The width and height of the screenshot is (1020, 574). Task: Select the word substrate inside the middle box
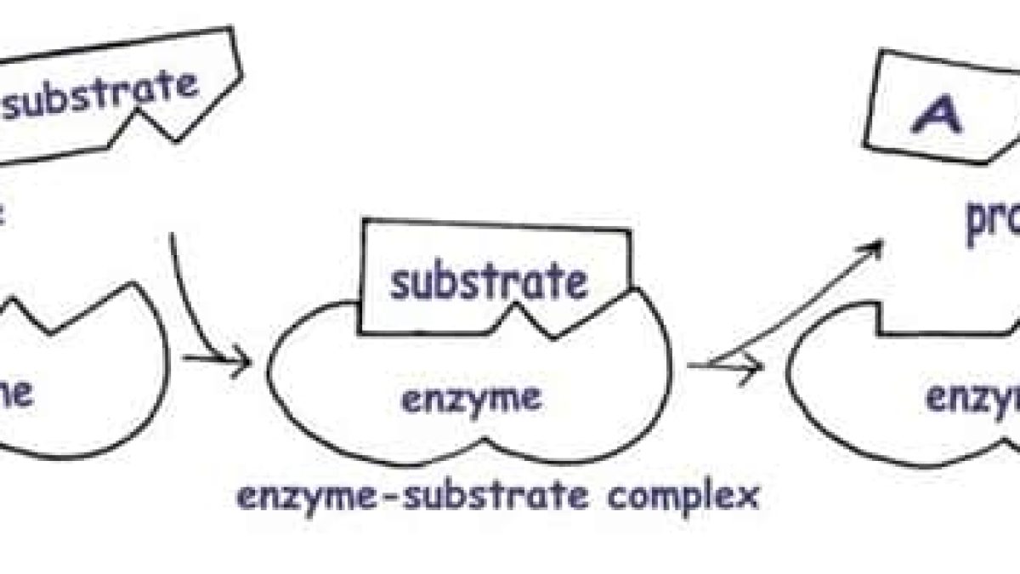pyautogui.click(x=488, y=282)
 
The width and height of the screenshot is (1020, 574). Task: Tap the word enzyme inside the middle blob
pyautogui.click(x=470, y=397)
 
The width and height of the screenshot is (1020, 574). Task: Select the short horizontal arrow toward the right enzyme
pyautogui.click(x=731, y=366)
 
